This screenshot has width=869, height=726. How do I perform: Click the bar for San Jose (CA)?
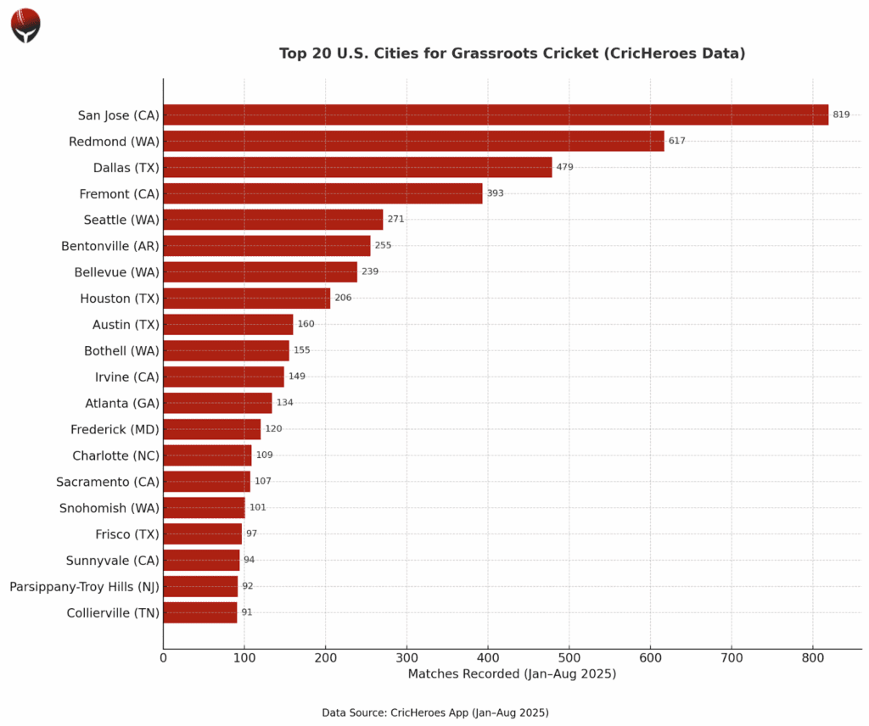[x=496, y=114]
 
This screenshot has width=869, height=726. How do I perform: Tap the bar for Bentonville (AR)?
[x=266, y=246]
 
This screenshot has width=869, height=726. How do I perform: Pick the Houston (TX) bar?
[x=246, y=298]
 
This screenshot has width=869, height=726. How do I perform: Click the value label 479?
[x=564, y=167]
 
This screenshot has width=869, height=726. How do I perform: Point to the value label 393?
[x=495, y=193]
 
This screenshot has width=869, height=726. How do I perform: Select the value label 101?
[x=257, y=507]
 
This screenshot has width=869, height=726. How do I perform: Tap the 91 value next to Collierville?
[x=247, y=612]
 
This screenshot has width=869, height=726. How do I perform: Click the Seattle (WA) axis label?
[x=121, y=220]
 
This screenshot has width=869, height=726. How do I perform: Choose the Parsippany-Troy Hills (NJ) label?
[x=84, y=586]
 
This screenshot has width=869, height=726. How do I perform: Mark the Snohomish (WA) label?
[x=109, y=508]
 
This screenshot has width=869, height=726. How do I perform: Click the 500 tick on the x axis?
[x=569, y=656]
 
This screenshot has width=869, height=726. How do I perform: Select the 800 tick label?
[x=812, y=656]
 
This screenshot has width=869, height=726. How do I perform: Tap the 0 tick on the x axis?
[x=163, y=656]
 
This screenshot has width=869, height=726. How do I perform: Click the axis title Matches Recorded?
[x=512, y=673]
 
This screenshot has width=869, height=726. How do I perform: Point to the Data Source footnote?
[x=434, y=712]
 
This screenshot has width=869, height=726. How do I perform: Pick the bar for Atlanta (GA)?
[x=217, y=403]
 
